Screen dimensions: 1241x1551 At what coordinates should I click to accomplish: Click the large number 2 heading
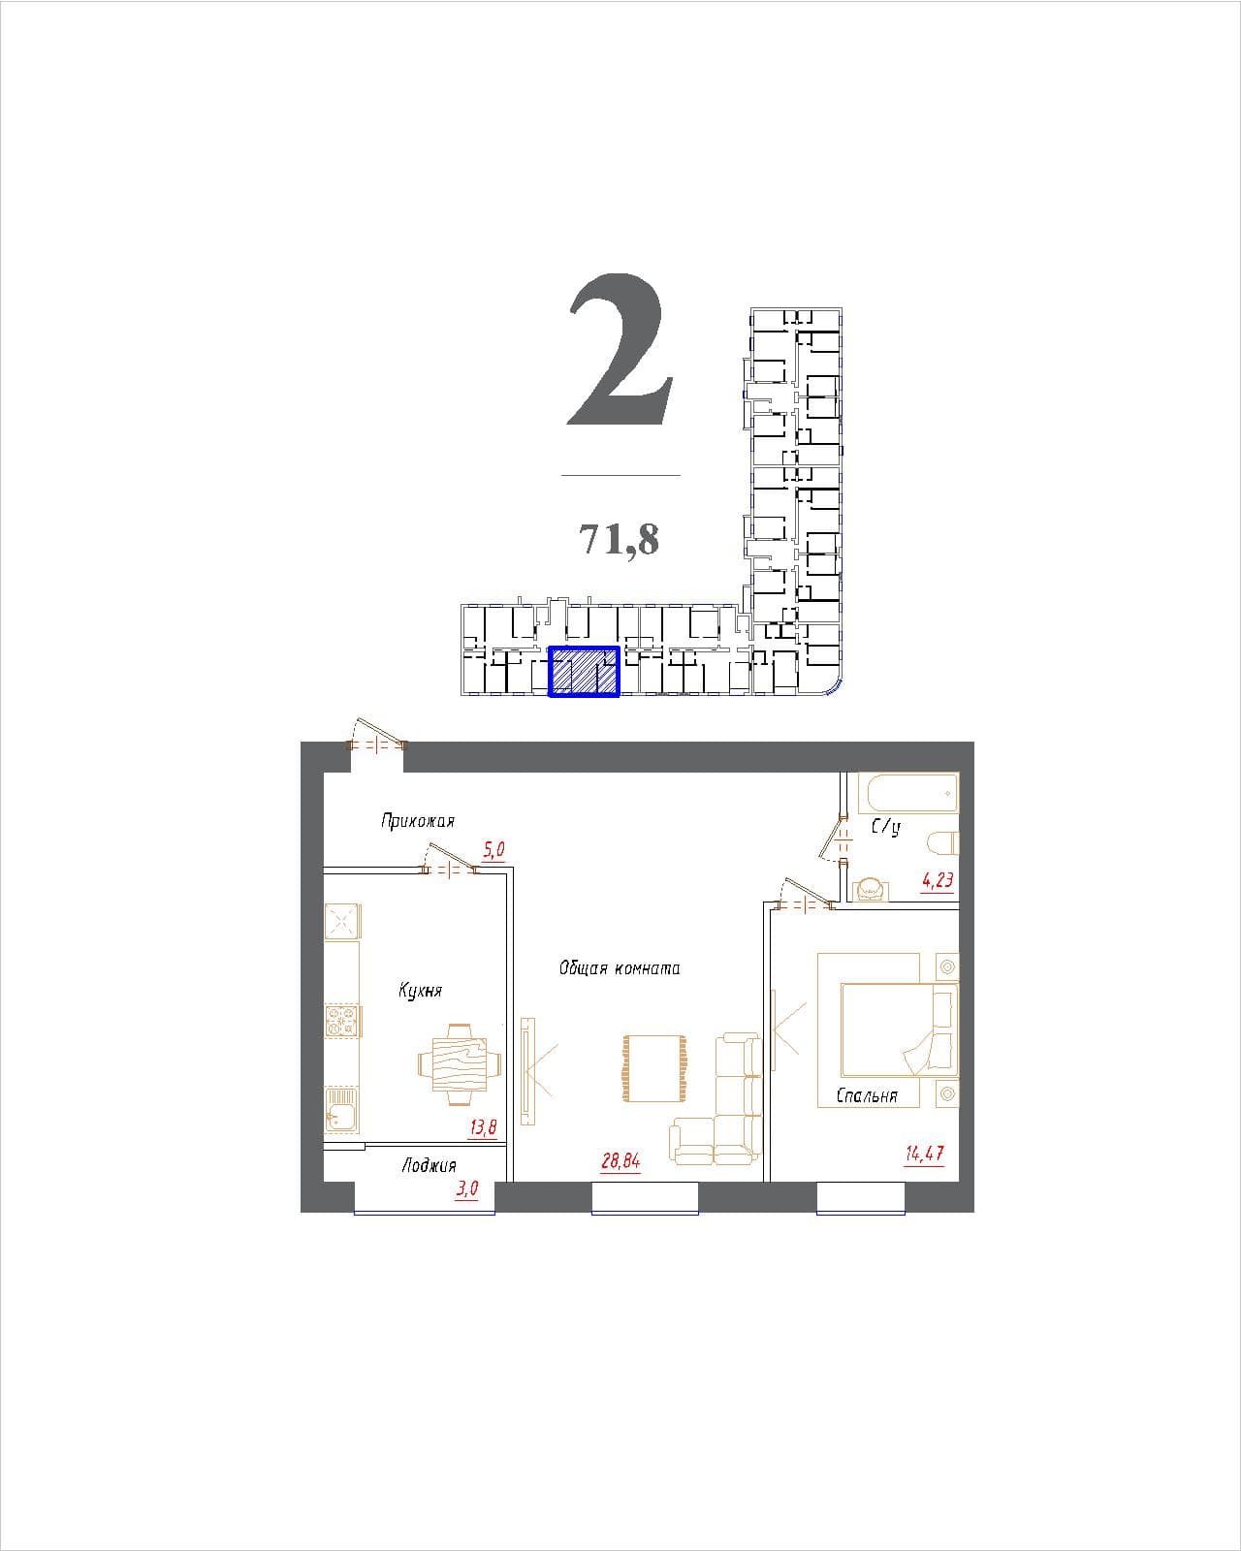click(x=620, y=350)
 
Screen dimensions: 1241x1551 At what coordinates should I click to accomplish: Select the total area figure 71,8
click(x=620, y=539)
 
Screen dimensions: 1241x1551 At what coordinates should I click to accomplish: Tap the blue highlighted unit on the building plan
click(x=584, y=671)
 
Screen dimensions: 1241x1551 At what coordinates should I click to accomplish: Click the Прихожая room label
click(x=418, y=822)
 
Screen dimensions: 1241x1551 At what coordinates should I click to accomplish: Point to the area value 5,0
click(x=493, y=850)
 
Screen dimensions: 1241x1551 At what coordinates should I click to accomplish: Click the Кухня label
click(x=421, y=991)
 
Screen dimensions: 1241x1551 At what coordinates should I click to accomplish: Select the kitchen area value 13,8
click(x=483, y=1126)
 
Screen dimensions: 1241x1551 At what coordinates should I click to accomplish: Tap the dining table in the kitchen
click(x=460, y=1063)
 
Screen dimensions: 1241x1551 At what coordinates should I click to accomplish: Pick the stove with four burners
click(x=342, y=1022)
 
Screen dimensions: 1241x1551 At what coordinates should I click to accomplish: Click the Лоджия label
click(x=429, y=1165)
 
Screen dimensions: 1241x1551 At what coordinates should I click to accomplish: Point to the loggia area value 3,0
click(x=467, y=1188)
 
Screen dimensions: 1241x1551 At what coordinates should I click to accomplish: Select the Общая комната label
click(x=620, y=968)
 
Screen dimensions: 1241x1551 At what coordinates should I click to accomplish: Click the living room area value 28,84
click(x=620, y=1161)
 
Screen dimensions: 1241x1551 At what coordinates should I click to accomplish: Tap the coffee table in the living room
click(x=654, y=1068)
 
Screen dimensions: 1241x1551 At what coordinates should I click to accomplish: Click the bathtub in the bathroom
click(x=913, y=793)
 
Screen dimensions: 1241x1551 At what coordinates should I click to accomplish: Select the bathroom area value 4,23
click(x=938, y=880)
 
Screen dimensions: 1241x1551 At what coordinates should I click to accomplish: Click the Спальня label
click(x=867, y=1096)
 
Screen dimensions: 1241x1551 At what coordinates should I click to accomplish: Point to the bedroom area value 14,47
click(x=924, y=1154)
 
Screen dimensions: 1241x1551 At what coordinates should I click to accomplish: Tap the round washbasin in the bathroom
click(x=870, y=889)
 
